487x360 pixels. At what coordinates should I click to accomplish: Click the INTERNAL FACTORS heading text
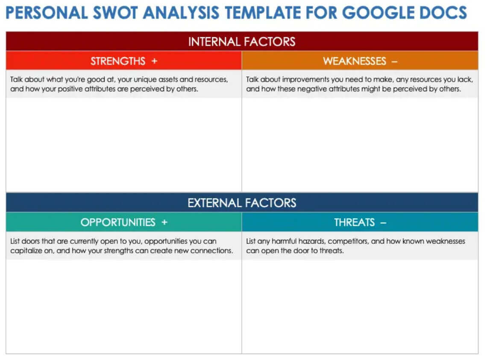click(x=242, y=41)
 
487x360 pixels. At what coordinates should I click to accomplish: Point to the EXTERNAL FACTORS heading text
click(x=242, y=202)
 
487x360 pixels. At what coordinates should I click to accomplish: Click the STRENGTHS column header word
click(x=118, y=61)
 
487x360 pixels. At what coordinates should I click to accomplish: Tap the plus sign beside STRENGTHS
click(x=154, y=61)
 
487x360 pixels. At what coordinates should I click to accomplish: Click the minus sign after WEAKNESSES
click(x=394, y=61)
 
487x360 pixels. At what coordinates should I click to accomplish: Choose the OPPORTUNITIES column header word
click(x=118, y=222)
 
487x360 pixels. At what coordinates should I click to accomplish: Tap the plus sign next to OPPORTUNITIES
click(x=164, y=222)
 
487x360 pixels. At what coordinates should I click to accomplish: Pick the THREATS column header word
click(x=355, y=222)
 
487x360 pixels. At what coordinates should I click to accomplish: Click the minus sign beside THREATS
click(x=383, y=222)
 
